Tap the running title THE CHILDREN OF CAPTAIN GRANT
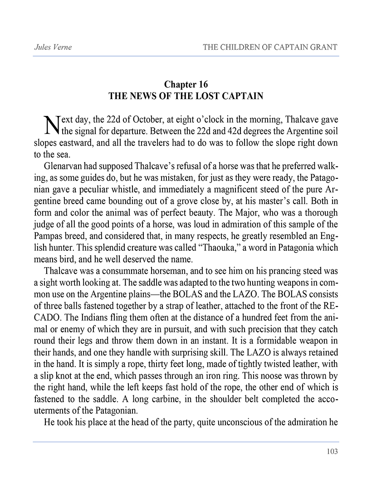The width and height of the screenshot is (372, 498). point(270,47)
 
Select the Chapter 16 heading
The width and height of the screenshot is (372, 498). point(186,85)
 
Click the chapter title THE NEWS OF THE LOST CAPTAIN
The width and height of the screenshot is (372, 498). point(186,96)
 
